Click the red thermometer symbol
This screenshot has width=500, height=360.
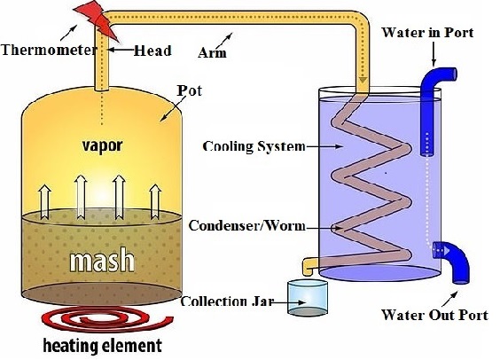click(97, 20)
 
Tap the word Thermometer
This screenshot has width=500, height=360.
click(49, 50)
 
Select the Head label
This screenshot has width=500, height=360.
click(152, 51)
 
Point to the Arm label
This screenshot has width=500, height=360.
click(213, 52)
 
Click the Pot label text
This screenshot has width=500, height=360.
click(190, 90)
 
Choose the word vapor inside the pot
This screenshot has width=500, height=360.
click(102, 145)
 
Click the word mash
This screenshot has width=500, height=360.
click(102, 260)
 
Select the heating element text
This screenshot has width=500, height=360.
click(102, 345)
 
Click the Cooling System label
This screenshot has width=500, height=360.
click(254, 146)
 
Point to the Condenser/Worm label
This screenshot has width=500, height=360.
click(246, 226)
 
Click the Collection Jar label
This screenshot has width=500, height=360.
click(227, 301)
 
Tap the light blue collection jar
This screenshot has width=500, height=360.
click(308, 298)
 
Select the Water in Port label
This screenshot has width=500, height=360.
click(427, 33)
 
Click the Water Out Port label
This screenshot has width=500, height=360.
click(434, 315)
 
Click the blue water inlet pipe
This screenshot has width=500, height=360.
click(430, 106)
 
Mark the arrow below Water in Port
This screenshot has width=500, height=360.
click(434, 54)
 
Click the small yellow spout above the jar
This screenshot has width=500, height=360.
click(309, 266)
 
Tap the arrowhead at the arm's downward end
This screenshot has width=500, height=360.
click(363, 80)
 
